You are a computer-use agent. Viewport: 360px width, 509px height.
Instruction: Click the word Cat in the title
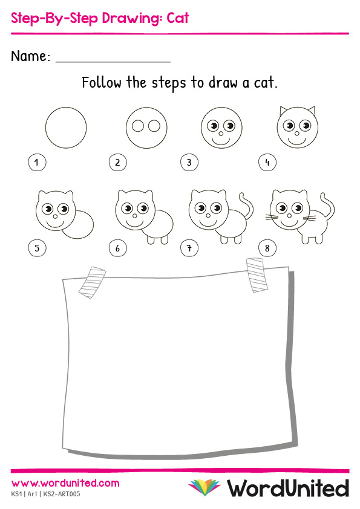coord(178,18)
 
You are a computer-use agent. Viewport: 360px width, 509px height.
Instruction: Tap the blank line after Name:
coord(113,61)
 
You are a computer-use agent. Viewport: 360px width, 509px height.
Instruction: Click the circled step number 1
coord(37,162)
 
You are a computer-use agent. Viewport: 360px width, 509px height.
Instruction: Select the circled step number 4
coord(267,162)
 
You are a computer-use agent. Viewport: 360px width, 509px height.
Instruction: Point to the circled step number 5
coord(37,248)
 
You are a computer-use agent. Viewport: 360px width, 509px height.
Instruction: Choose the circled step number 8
coord(267,248)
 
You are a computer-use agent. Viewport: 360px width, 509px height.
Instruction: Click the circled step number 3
coord(189,162)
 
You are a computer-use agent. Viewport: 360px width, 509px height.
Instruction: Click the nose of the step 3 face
coord(221,134)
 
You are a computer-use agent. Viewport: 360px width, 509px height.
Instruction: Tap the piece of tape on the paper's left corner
coord(93,283)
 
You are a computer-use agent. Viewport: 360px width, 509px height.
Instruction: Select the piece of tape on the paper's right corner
coord(257,275)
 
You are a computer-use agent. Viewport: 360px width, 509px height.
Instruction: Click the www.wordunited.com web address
coord(65,483)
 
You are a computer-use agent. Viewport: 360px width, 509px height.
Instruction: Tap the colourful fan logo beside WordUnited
coord(205,487)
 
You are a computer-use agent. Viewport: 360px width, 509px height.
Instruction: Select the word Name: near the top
coord(30,56)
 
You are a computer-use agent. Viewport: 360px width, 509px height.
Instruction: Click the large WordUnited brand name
coord(288,488)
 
